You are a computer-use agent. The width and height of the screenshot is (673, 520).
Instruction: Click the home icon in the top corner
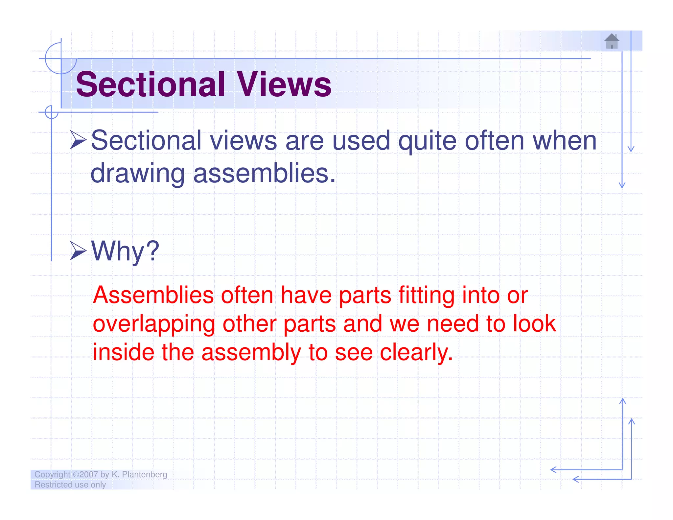612,41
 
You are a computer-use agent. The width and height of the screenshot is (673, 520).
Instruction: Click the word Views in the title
284,84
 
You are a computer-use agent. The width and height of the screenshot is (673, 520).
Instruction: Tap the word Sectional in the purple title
151,84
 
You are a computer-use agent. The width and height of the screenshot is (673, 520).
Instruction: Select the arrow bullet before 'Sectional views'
78,140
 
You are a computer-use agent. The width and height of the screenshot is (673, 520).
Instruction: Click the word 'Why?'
125,251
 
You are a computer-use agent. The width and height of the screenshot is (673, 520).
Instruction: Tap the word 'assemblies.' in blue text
265,173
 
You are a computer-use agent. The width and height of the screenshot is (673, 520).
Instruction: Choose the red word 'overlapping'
154,324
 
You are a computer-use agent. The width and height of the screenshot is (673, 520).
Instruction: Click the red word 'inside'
123,352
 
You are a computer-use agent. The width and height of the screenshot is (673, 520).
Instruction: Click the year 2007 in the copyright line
88,474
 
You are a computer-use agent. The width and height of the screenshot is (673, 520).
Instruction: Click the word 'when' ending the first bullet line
564,141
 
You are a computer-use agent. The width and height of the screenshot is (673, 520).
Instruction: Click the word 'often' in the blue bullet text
494,141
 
